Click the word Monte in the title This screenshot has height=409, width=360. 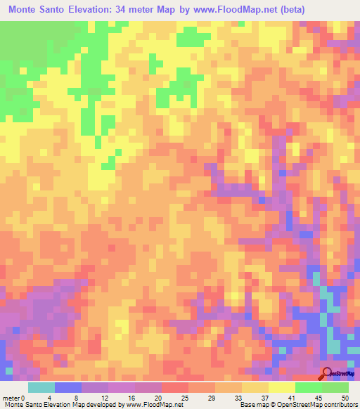point(27,11)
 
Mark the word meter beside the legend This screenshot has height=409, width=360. point(11,397)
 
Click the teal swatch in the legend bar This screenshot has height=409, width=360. point(41,387)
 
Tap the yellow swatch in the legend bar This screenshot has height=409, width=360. point(282,387)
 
